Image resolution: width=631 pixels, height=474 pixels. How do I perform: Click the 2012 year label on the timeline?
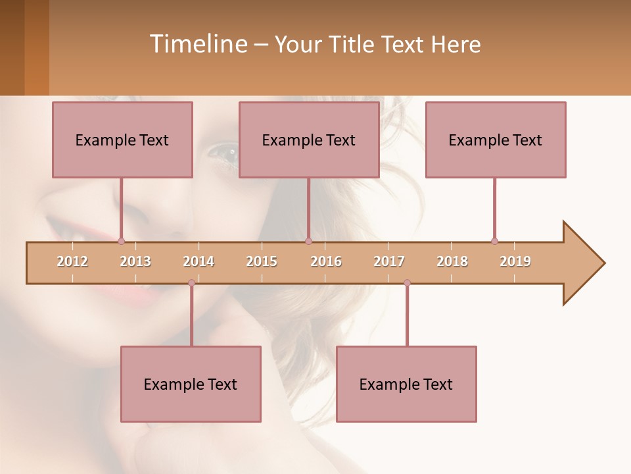point(72,261)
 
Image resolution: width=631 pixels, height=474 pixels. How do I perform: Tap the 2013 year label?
point(135,261)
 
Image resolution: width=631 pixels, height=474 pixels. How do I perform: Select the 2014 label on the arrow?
point(199,261)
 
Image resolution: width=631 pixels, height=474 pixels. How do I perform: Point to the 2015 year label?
point(262,261)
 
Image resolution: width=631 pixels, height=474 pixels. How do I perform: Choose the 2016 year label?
point(326,261)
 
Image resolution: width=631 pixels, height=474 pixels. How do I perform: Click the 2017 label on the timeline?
point(389,261)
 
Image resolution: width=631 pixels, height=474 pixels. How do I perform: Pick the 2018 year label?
point(452,261)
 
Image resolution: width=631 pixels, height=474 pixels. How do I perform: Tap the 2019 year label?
point(515,261)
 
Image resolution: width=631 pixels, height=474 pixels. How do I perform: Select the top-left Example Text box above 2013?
point(122,140)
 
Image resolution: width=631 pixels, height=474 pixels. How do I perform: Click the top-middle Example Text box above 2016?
point(309,140)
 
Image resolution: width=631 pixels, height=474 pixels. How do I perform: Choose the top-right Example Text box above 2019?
point(496,140)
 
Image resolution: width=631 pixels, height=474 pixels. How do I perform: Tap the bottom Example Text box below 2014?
point(191,384)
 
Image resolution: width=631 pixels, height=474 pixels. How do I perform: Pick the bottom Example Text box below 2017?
point(406,384)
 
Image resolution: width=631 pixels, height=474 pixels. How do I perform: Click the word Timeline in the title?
point(197,44)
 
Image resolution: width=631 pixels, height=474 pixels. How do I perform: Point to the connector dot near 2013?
point(121,241)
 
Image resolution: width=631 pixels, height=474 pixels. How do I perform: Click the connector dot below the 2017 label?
point(407,283)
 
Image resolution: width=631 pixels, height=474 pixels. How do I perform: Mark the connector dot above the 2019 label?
point(494,241)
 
